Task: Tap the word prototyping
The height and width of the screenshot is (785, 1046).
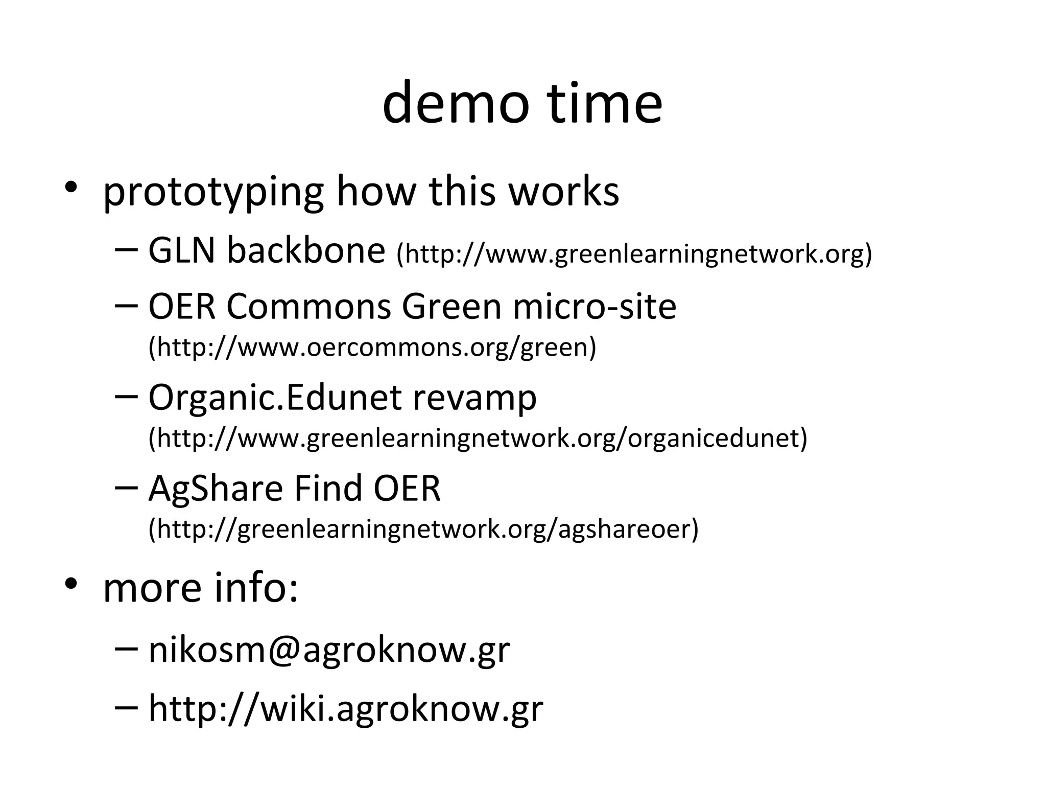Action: [x=213, y=192]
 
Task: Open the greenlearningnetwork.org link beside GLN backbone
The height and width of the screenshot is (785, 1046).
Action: [x=634, y=254]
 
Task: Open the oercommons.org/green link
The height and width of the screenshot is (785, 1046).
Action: [x=372, y=347]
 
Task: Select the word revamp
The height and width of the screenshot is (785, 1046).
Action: [x=474, y=398]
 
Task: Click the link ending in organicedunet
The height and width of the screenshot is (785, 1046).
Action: [x=478, y=438]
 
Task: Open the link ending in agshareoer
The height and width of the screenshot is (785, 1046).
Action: [x=423, y=529]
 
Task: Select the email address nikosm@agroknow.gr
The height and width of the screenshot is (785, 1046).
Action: [x=329, y=650]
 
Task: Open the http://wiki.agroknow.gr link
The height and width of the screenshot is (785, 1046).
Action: [x=346, y=709]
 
